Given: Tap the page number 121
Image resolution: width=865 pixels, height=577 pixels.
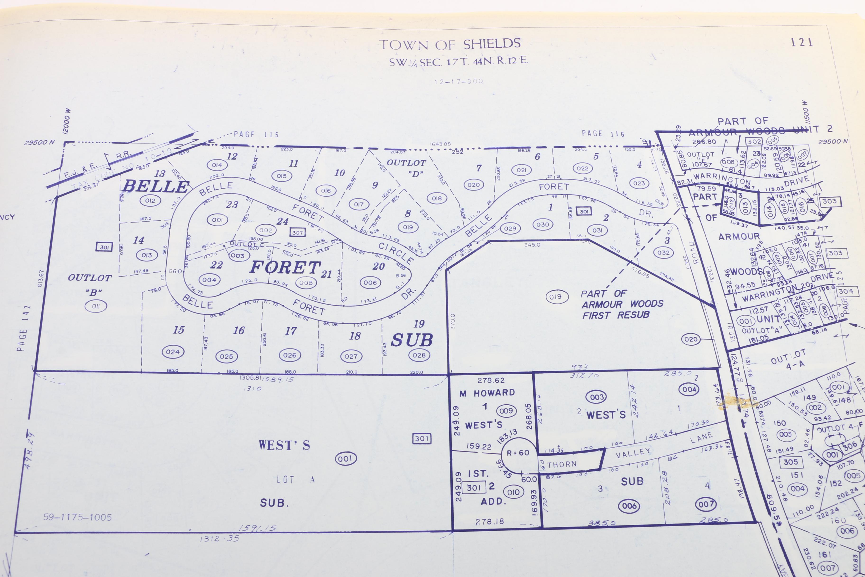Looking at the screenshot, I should click(802, 42).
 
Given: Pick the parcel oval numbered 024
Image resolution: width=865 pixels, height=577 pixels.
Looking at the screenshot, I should click(173, 352).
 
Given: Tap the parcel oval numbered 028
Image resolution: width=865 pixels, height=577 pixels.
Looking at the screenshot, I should click(419, 355).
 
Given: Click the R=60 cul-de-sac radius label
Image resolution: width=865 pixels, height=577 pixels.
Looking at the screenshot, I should click(518, 453).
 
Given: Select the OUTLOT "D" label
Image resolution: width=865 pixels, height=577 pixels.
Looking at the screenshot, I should click(406, 168).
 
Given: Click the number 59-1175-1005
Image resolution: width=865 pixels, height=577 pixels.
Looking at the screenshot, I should click(77, 517).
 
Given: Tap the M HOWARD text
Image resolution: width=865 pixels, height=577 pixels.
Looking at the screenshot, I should click(487, 393).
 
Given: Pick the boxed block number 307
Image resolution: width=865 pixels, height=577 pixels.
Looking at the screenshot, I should click(297, 233).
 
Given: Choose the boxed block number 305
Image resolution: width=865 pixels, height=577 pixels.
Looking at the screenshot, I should click(790, 462).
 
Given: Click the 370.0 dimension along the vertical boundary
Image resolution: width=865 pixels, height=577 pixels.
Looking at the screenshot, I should click(452, 321).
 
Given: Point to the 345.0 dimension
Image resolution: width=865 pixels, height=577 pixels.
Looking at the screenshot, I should click(532, 245).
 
